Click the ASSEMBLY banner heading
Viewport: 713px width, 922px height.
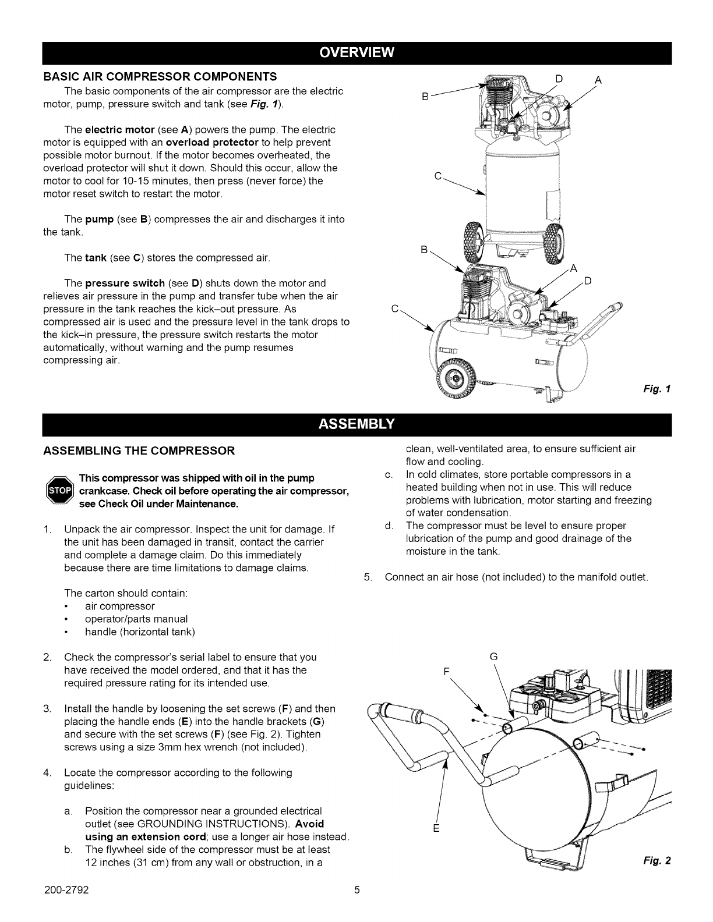click(356, 423)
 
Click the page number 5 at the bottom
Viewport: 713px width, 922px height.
click(356, 906)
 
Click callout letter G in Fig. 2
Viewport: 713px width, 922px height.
click(493, 657)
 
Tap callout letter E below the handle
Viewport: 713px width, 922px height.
click(435, 828)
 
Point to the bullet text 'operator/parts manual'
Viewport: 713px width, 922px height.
click(136, 619)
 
